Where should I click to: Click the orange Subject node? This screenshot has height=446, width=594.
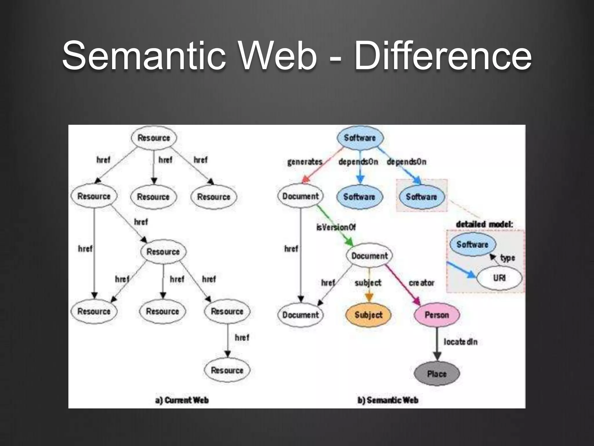[x=368, y=315]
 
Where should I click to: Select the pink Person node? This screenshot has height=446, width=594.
[x=437, y=315]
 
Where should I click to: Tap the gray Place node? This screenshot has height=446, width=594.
[x=437, y=374]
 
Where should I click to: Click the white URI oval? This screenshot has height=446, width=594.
[x=499, y=278]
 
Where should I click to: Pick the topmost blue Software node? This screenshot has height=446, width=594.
[x=360, y=138]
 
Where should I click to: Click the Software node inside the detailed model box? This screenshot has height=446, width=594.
[x=472, y=244]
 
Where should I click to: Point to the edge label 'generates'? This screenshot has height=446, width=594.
[x=305, y=162]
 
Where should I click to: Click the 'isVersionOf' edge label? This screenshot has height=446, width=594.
[x=336, y=227]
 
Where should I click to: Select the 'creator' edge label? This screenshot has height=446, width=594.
[x=421, y=283]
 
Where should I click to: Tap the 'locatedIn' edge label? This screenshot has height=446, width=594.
[x=460, y=342]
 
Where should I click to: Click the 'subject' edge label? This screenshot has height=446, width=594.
[x=368, y=283]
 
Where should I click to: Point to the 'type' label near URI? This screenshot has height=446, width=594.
[x=508, y=258]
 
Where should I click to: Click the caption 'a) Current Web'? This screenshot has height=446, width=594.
[x=182, y=400]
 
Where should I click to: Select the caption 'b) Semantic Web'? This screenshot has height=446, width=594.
[x=388, y=400]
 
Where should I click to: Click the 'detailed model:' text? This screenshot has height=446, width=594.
[x=484, y=224]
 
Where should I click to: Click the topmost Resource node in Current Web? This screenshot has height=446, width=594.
[x=154, y=138]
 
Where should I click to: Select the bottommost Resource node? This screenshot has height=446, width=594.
[x=227, y=370]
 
